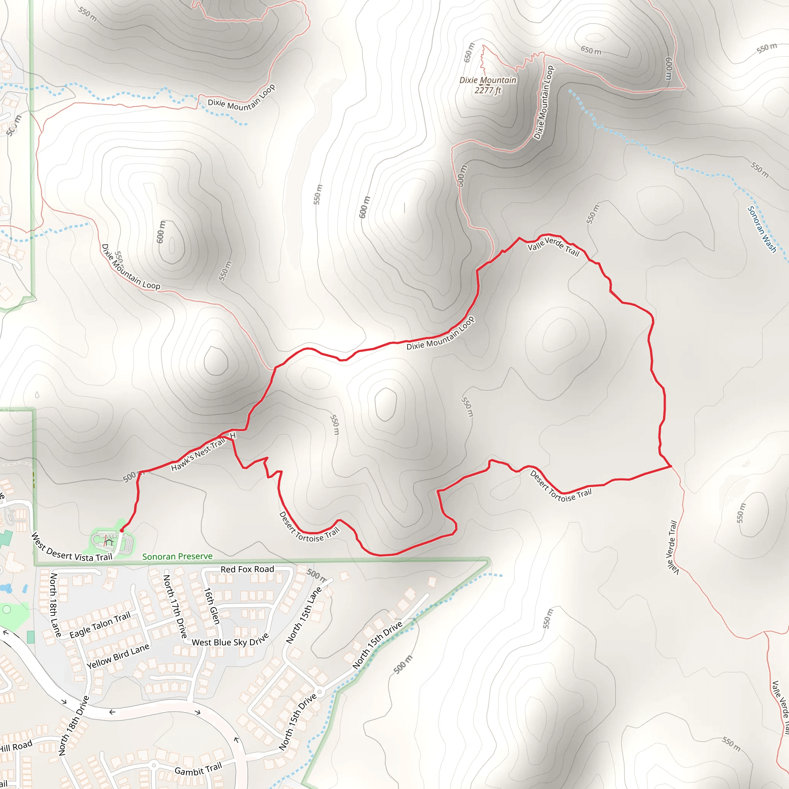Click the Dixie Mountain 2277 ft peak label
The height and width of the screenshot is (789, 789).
tap(488, 85)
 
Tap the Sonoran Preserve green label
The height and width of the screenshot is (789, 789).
tap(177, 556)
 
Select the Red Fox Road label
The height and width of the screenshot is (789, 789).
tap(247, 569)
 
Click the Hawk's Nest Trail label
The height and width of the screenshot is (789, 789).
tap(198, 454)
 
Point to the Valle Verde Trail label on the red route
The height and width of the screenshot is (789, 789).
tap(554, 246)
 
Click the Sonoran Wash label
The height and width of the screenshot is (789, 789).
tap(762, 229)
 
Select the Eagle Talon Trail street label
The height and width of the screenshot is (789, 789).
tap(100, 625)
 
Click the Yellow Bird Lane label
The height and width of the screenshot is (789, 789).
tap(118, 656)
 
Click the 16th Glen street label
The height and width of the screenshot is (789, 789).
tap(212, 606)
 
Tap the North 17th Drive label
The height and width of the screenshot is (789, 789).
tap(175, 606)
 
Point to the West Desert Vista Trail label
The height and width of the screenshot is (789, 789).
tap(72, 547)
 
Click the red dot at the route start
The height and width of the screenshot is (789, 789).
tap(122, 530)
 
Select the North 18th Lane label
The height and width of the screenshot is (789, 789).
tap(55, 605)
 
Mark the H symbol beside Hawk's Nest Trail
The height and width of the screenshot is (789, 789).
tap(233, 436)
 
